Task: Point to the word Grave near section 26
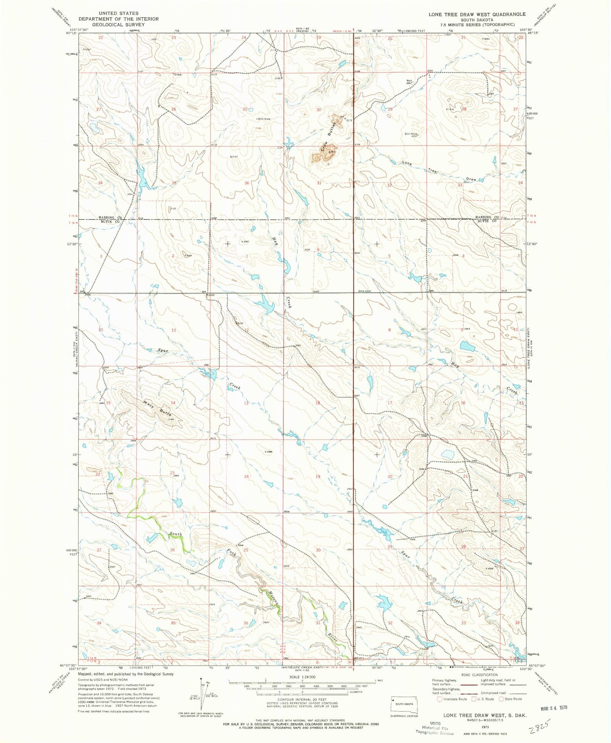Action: point(178,75)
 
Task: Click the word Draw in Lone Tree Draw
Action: point(471,179)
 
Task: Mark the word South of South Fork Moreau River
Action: point(175,534)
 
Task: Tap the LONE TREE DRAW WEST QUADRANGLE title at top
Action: point(477,14)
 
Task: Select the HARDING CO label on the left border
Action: point(110,217)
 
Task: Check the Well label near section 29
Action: point(409,81)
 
